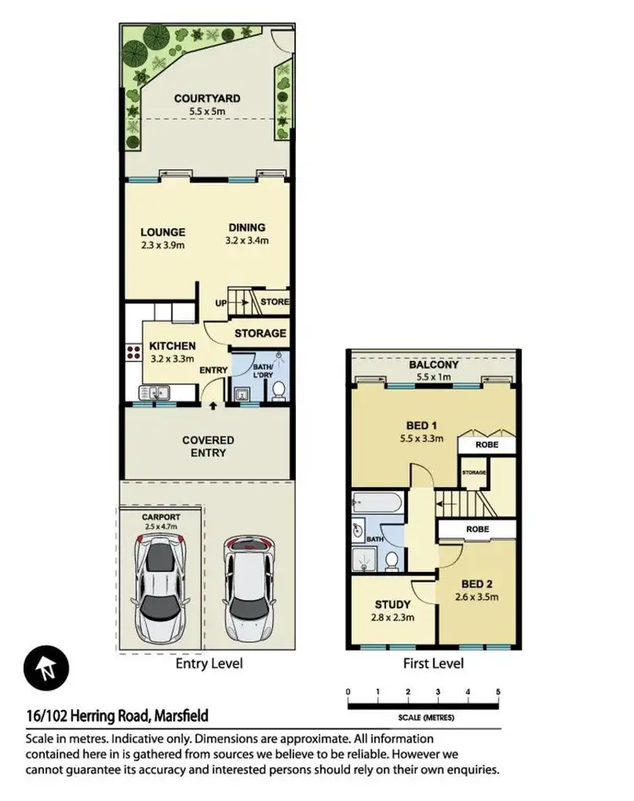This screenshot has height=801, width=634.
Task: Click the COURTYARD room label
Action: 207,99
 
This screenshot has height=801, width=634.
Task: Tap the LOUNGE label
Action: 162,232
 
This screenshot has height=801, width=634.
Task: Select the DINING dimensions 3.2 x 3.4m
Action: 246,239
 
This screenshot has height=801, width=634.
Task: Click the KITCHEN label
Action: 172,346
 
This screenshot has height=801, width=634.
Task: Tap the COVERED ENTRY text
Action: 208,446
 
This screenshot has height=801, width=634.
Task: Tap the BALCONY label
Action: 433,364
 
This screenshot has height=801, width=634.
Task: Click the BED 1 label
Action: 422,426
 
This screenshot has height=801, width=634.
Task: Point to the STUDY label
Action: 392,604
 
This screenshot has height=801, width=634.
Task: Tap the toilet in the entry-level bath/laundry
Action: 278,390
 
